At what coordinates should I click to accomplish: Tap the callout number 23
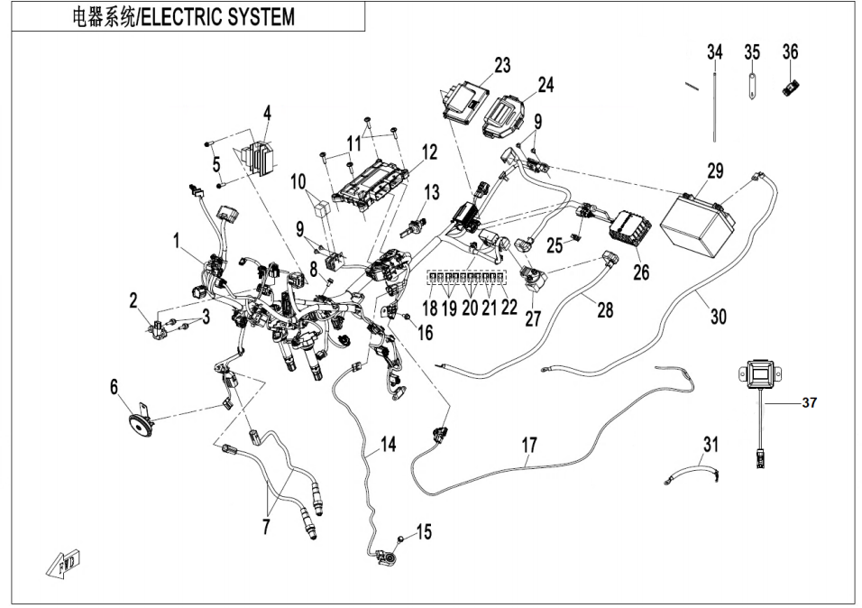coord(502,65)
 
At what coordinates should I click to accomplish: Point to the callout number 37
coord(809,403)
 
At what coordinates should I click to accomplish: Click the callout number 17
coord(529,445)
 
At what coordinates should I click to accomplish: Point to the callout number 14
coord(388,444)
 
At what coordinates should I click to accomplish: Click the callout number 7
coord(265,528)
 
